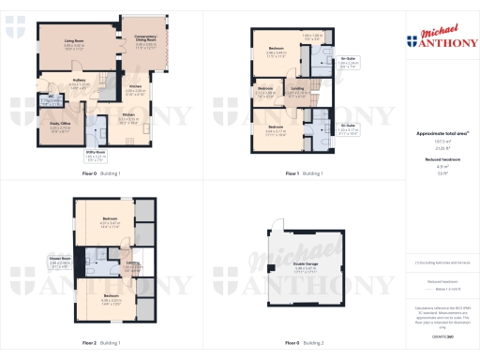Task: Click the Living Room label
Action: click(x=75, y=41)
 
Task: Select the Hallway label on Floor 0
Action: click(x=79, y=81)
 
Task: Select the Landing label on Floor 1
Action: click(x=297, y=89)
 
